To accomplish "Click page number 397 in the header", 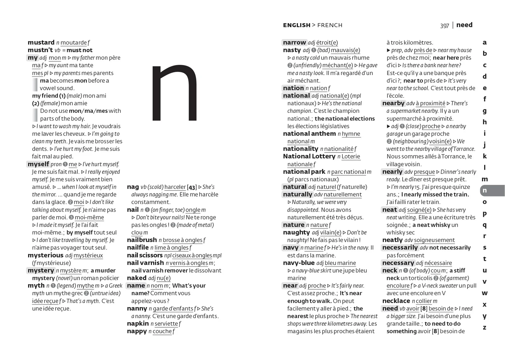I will pyautogui.click(x=444, y=26).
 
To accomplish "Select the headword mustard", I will pyautogui.click(x=41, y=42).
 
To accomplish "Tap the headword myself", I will pyautogui.click(x=38, y=164).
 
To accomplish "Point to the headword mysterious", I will pyautogui.click(x=45, y=255).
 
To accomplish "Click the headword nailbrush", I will pyautogui.click(x=142, y=240).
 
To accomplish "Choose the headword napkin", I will pyautogui.click(x=138, y=323).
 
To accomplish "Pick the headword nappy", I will pyautogui.click(x=137, y=331).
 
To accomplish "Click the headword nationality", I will pyautogui.click(x=300, y=149).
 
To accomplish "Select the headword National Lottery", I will pyautogui.click(x=309, y=156).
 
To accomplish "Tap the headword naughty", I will pyautogui.click(x=296, y=232).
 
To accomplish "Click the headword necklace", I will pyautogui.click(x=396, y=301).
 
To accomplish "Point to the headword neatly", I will pyautogui.click(x=392, y=240).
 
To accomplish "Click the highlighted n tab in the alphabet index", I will pyautogui.click(x=485, y=190).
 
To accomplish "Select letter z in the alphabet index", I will pyautogui.click(x=484, y=327).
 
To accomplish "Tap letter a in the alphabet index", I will pyautogui.click(x=484, y=42).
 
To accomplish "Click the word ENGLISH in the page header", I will pyautogui.click(x=297, y=25).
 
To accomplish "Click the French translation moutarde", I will pyautogui.click(x=73, y=43).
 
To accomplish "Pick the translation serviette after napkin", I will pyautogui.click(x=166, y=324).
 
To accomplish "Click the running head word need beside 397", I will pyautogui.click(x=464, y=25).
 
